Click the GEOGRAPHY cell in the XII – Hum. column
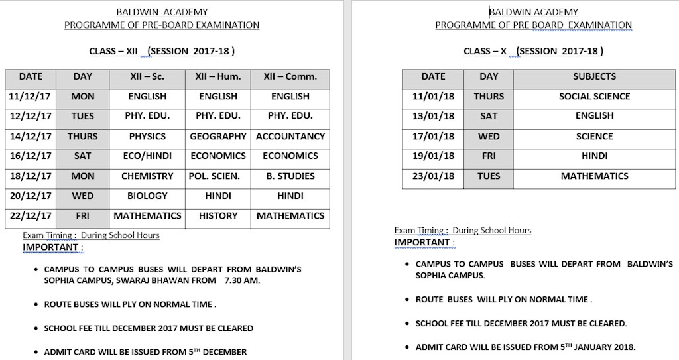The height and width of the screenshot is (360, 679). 217,136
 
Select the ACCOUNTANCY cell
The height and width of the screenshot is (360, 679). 290,136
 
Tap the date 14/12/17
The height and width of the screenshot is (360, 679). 30,136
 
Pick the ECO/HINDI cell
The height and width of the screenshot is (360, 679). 147,156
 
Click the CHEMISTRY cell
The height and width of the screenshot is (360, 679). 147,176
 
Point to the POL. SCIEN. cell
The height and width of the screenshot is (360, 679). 217,176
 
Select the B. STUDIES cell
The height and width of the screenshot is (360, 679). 290,176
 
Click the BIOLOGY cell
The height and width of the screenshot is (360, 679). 147,196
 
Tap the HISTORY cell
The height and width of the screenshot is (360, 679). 217,215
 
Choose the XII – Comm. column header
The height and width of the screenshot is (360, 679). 290,76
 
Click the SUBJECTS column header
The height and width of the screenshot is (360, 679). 594,76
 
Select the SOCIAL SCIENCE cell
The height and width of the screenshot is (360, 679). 594,96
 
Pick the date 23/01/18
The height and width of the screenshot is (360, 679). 433,176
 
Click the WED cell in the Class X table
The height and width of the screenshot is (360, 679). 489,136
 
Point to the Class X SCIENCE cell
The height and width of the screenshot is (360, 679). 594,136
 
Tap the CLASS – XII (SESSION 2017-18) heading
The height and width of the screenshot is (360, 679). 162,51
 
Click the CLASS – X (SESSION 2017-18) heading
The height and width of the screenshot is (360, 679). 533,51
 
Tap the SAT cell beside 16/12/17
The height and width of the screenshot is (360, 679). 83,156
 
